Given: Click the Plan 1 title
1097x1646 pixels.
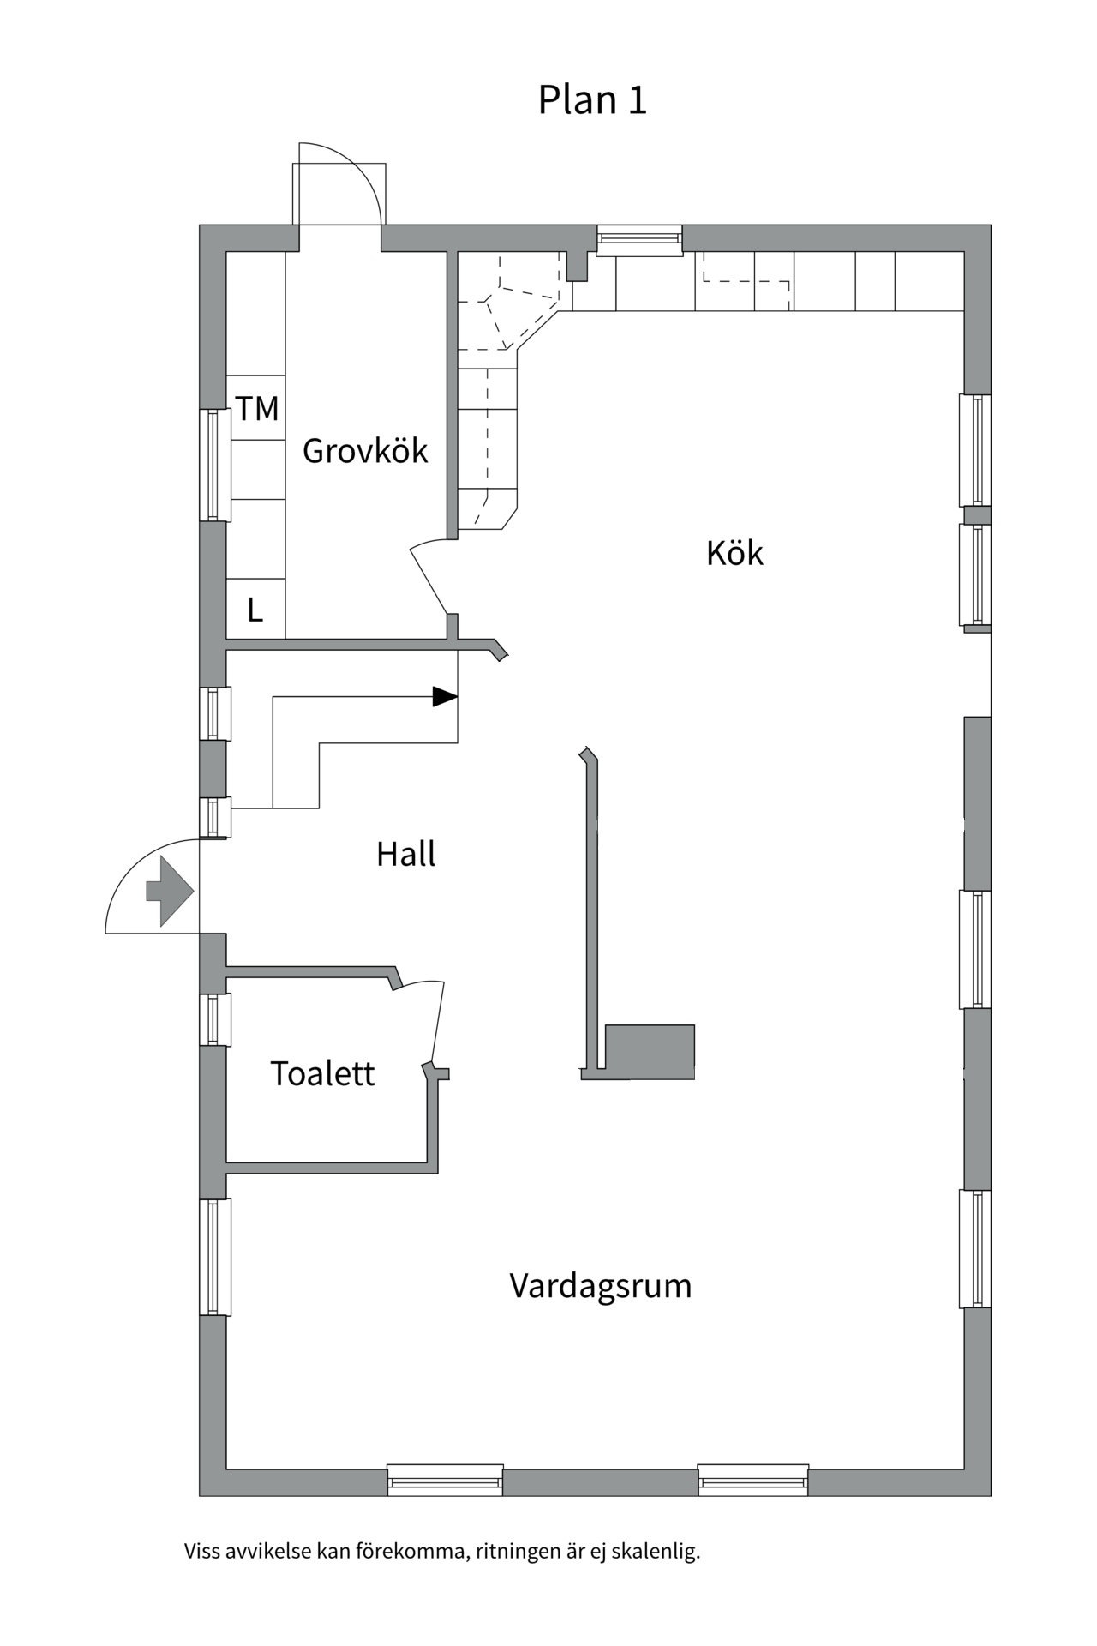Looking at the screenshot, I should click(x=591, y=100).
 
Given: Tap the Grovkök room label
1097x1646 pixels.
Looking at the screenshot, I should click(x=365, y=451).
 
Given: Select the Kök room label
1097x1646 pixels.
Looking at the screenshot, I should click(x=734, y=553).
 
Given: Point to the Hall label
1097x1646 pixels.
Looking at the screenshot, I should click(x=405, y=854).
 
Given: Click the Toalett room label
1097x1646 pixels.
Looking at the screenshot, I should click(x=322, y=1073).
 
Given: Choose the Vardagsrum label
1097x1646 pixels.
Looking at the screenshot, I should click(x=600, y=1286).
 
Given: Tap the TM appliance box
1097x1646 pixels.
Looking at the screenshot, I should click(x=256, y=408).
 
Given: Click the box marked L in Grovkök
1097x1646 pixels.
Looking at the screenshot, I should click(x=255, y=610).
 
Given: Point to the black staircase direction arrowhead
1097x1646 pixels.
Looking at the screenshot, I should click(x=444, y=697).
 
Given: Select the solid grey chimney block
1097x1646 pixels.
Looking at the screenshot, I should click(x=650, y=1051).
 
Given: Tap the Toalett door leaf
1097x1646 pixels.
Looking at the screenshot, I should click(x=437, y=1022).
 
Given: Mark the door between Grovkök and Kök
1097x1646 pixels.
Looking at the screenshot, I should click(x=429, y=580).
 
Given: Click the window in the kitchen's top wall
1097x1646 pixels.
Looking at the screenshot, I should click(x=639, y=239).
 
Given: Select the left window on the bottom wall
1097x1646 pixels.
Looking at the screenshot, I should click(x=445, y=1480).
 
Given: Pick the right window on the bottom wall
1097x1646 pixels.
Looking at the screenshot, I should click(x=753, y=1480).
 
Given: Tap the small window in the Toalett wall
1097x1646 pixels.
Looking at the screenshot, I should click(x=214, y=1019).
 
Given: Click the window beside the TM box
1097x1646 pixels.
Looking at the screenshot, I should click(x=214, y=465).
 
